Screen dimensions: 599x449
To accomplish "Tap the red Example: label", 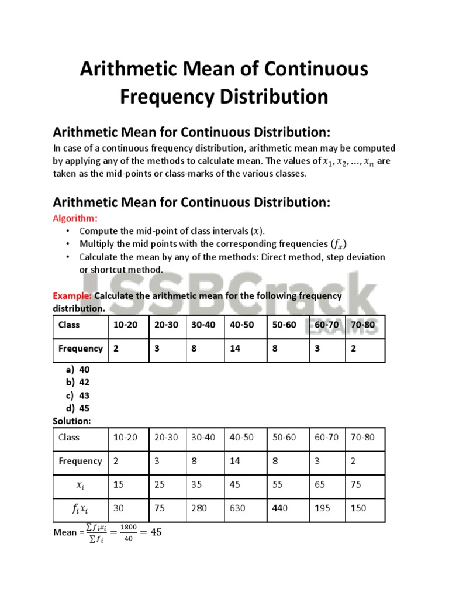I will [72, 296].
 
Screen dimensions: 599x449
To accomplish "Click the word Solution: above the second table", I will [72, 421].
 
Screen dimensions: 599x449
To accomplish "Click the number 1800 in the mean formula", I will [128, 527].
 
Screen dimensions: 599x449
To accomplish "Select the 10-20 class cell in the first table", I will [126, 325].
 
